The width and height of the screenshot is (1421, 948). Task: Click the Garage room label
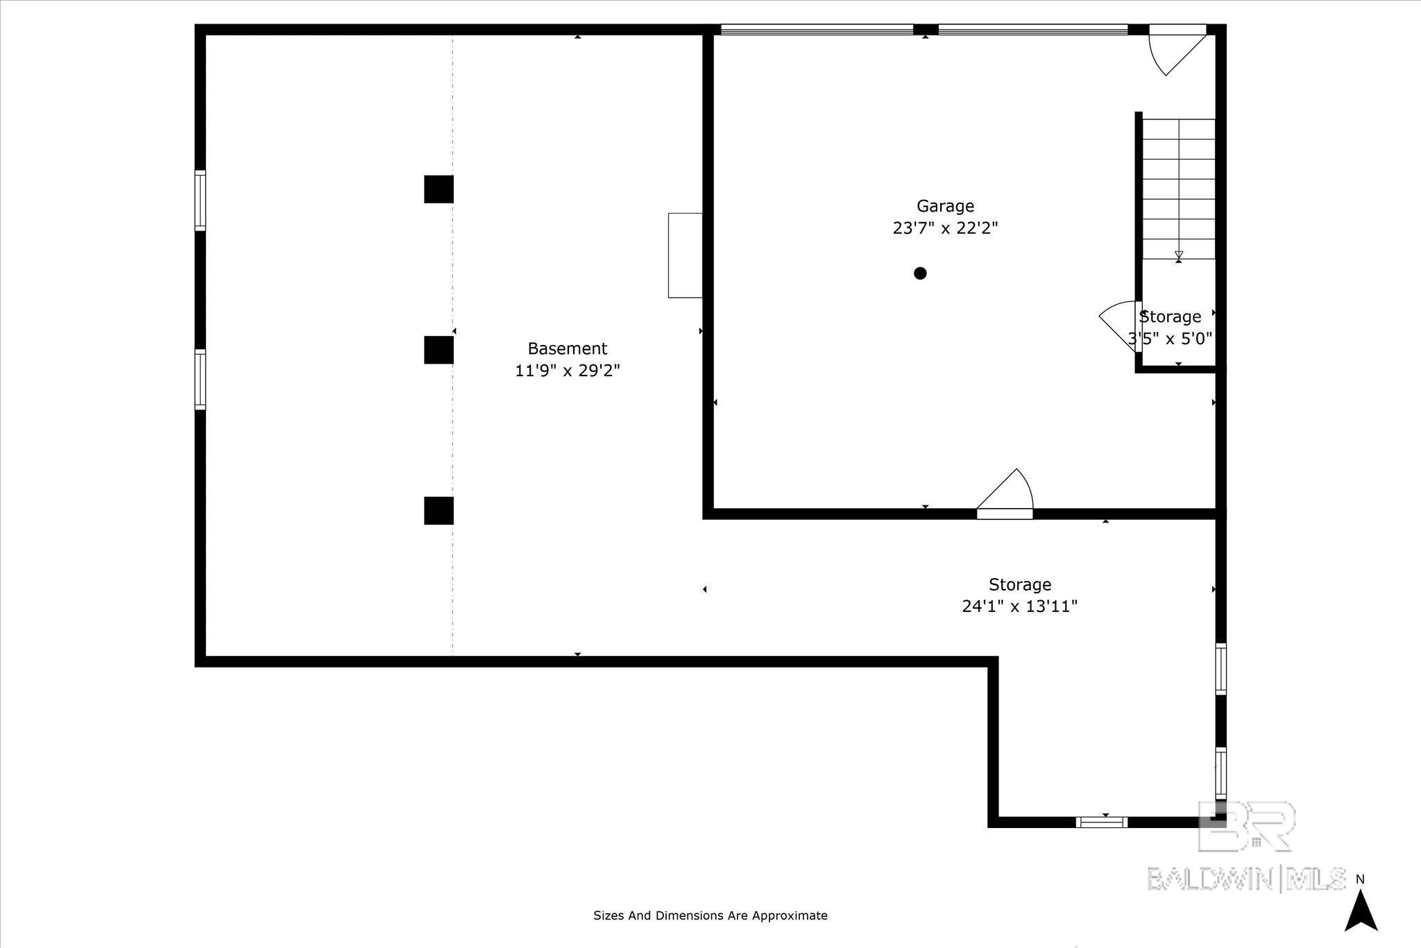pos(945,206)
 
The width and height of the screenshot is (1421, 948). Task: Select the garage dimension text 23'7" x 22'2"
pos(945,228)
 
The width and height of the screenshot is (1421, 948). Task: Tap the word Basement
pos(568,348)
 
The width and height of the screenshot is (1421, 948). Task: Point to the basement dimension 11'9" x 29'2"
pos(568,371)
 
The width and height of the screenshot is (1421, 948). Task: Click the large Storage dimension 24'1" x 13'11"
pos(1019,607)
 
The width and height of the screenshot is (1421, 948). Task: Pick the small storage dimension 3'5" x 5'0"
pos(1171,339)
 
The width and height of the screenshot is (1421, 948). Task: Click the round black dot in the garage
pos(920,273)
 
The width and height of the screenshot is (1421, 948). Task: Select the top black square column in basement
pos(439,189)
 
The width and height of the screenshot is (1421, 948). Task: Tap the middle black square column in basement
pos(439,350)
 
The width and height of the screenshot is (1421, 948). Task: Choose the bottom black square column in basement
pos(439,511)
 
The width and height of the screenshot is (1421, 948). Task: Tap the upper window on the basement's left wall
pos(200,201)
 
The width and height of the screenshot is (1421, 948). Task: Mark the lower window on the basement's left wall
pos(200,380)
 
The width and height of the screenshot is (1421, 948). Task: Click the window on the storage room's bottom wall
pos(1102,822)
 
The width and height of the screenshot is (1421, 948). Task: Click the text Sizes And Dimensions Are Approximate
pos(710,915)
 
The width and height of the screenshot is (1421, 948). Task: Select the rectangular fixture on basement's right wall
pos(685,255)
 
